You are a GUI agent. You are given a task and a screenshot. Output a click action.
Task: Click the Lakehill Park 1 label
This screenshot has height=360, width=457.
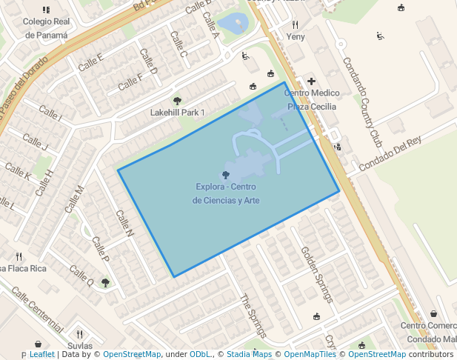177,113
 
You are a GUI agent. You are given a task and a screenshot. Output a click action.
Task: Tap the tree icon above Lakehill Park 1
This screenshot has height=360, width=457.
177,100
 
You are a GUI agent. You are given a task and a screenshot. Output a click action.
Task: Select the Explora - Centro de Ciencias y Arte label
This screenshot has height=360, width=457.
226,193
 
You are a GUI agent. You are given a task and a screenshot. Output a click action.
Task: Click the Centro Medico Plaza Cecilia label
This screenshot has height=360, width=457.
312,99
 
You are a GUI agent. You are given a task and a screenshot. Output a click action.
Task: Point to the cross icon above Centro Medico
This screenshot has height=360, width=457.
311,81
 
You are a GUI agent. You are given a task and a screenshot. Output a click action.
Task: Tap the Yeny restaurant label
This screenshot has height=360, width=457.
296,36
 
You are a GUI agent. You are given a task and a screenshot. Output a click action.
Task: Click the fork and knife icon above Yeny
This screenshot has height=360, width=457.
296,24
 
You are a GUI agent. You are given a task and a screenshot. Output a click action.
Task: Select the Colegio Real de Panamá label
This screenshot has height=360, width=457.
46,28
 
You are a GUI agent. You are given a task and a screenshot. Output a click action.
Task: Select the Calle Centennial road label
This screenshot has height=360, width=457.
37,311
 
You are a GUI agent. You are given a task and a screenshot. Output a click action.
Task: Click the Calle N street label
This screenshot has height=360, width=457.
124,223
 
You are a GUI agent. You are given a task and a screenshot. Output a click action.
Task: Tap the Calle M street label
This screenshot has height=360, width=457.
75,199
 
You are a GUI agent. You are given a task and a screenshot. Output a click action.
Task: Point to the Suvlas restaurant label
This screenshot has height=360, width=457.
80,346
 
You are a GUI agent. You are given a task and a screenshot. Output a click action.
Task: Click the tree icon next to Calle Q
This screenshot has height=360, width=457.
106,282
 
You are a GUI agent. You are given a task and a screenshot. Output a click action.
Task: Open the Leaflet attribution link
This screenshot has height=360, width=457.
41,355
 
